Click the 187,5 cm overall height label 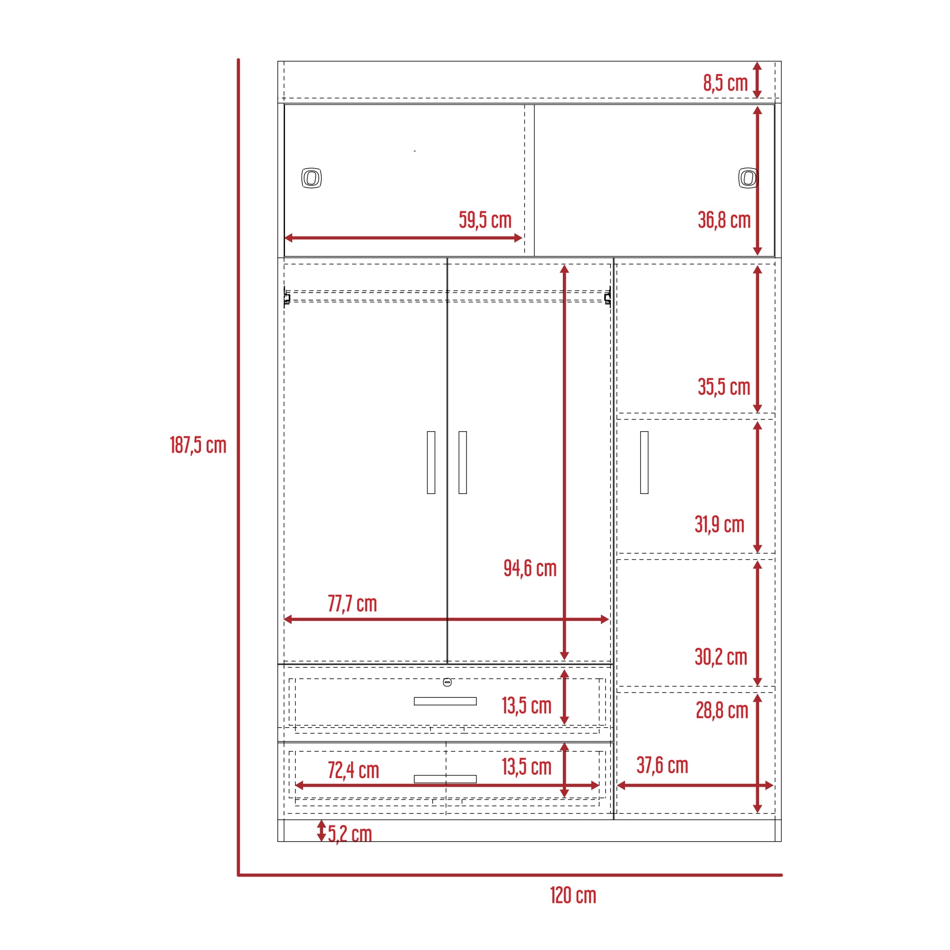[198, 445]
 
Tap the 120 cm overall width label [573, 895]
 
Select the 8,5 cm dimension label [725, 83]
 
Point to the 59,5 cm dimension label [485, 220]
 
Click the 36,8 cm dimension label [724, 220]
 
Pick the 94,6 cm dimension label [530, 568]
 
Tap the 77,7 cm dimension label [352, 603]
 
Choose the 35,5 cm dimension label [724, 387]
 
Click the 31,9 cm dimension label [719, 524]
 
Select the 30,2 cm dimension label [721, 656]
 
